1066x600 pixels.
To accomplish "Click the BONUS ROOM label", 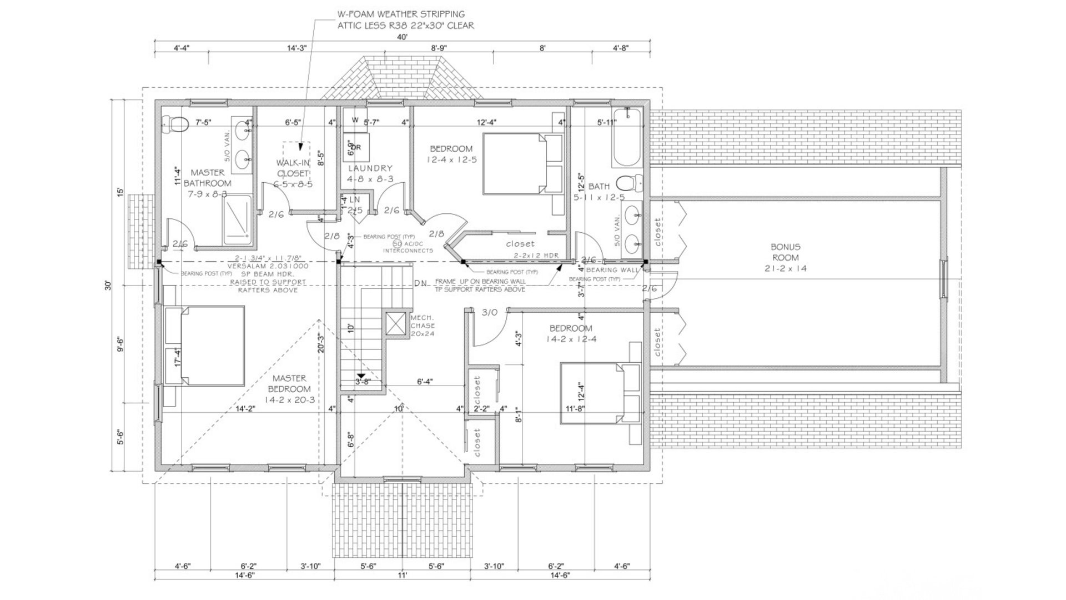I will coord(785,257).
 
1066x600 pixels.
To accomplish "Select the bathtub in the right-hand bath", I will coord(627,139).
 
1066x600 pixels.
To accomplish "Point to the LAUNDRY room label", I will coord(370,168).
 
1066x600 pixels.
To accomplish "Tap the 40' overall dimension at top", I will coord(402,37).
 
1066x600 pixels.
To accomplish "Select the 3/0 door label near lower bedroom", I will coord(489,313).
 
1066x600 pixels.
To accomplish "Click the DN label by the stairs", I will coord(420,283).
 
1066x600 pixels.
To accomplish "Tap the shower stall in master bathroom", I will coord(238,219).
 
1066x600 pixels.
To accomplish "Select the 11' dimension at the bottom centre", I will coord(402,576).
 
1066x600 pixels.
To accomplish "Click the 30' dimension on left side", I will coord(109,285).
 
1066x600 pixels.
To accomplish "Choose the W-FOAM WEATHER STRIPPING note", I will coord(401,14).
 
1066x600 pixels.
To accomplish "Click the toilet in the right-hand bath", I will coord(631,182).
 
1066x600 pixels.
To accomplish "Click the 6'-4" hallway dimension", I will coord(425,382).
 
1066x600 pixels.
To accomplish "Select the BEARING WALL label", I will coord(610,270).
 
